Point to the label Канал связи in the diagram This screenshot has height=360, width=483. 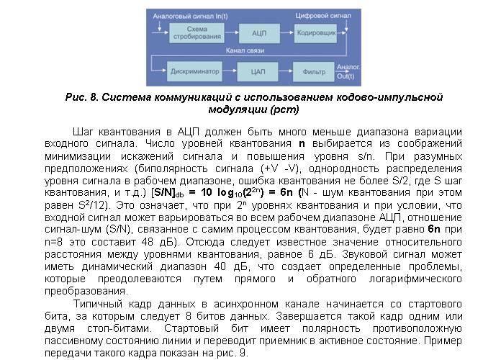click(244, 52)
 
